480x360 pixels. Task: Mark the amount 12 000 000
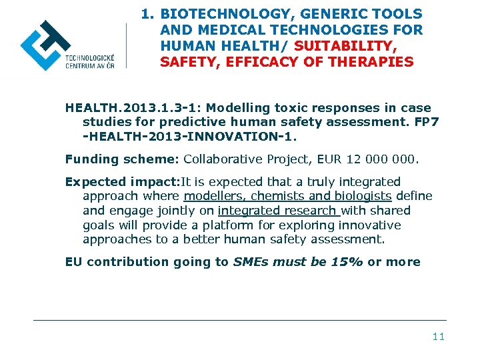tap(383, 159)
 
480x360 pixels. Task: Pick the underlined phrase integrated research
tap(279, 211)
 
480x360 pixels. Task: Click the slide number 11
tap(438, 337)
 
